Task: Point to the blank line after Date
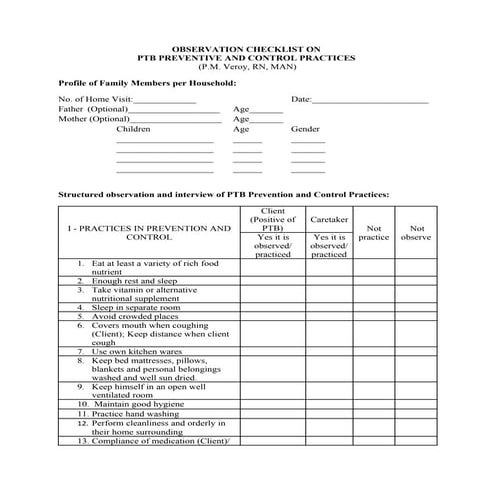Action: click(371, 101)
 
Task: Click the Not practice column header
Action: click(375, 232)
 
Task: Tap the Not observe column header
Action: click(416, 232)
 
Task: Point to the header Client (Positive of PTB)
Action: click(273, 220)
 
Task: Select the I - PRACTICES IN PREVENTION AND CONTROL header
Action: click(149, 233)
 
